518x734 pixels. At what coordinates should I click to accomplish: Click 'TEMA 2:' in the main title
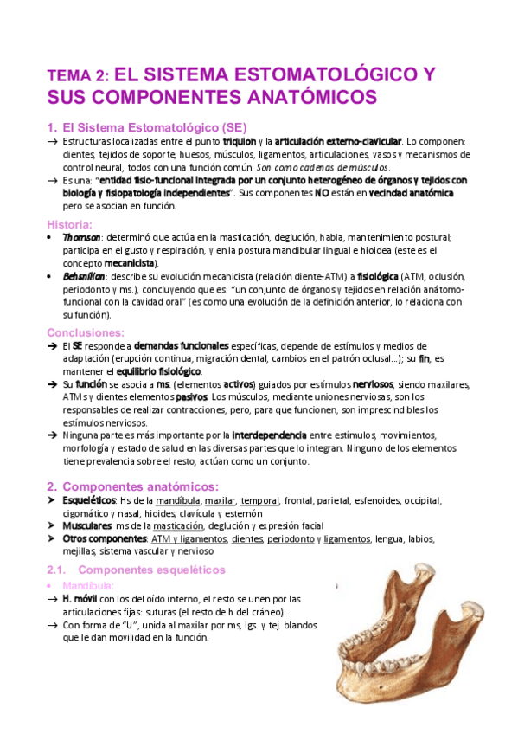coord(77,75)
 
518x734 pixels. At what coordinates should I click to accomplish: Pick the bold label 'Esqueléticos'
coord(90,501)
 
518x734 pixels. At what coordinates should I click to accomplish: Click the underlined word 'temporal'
coord(260,501)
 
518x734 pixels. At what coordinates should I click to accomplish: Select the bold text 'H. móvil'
coord(85,598)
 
